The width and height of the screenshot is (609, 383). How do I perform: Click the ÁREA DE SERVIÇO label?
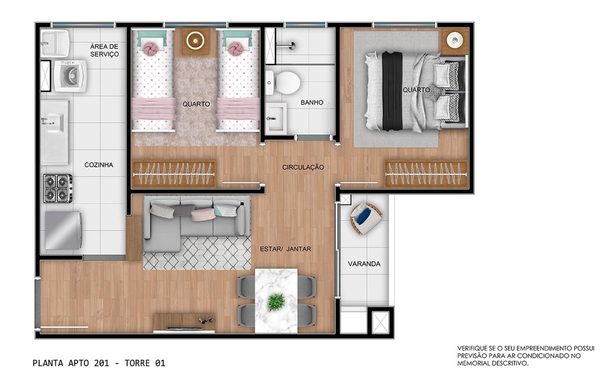tap(104, 50)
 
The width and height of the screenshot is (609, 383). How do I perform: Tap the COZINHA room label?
tap(99, 165)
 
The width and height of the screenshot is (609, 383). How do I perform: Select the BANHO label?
tap(312, 103)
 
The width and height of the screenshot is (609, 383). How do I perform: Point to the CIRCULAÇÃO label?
tap(303, 167)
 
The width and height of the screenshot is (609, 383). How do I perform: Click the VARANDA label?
tap(364, 264)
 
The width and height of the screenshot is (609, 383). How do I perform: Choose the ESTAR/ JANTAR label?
tap(285, 249)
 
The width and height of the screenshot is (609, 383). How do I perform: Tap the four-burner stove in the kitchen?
tap(58, 189)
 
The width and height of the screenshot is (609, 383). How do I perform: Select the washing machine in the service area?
tap(70, 76)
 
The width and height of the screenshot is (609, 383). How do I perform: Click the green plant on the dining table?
tap(276, 302)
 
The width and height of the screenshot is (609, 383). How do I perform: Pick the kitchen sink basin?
tap(55, 123)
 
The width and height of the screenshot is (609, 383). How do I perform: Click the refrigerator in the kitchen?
tap(64, 231)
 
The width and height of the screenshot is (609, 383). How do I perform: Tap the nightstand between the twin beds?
tap(195, 41)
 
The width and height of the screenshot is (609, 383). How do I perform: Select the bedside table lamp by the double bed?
tap(455, 40)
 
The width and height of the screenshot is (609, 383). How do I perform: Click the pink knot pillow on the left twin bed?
tap(150, 49)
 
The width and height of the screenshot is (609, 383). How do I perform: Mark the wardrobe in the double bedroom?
tap(426, 174)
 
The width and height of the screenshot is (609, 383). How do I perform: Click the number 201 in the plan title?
tap(101, 363)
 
